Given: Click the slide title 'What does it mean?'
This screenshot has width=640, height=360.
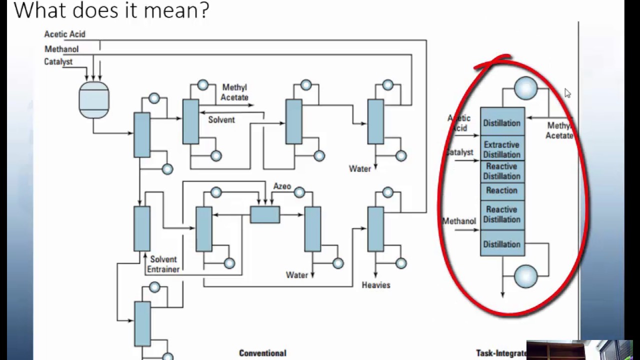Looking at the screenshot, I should click(111, 10).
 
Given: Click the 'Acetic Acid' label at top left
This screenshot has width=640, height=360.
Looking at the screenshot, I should click(64, 34).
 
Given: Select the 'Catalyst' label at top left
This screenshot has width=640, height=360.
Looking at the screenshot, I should click(58, 61).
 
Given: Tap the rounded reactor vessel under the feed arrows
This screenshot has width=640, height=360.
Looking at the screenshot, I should click(93, 100).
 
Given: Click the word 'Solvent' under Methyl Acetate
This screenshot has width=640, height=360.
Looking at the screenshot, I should click(221, 120).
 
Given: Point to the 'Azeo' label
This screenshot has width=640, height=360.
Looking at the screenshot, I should click(282, 186).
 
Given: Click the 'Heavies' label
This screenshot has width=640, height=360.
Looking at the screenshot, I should click(375, 285).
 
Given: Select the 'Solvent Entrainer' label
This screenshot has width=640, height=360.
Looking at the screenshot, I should click(163, 264).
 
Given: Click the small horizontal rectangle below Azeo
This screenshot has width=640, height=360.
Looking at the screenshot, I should click(264, 214).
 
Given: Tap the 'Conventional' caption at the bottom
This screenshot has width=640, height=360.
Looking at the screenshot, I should click(262, 353).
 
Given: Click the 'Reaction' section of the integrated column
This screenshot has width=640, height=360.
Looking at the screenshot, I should click(501, 190).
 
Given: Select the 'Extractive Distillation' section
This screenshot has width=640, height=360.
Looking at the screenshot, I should click(501, 149).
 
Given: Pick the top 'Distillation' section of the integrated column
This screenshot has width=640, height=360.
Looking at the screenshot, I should click(501, 123).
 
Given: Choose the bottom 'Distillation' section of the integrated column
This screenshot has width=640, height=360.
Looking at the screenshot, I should click(501, 244).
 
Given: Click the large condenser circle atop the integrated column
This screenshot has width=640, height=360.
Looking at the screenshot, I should click(525, 88).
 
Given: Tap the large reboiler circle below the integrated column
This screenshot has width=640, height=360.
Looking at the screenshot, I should click(525, 276).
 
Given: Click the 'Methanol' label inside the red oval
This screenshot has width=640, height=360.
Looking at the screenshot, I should click(459, 221).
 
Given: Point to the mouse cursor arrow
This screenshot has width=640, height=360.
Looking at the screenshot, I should click(567, 93).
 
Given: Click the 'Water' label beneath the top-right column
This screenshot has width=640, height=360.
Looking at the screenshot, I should click(359, 168).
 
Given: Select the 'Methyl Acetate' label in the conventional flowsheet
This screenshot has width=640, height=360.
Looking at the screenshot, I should click(234, 92).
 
